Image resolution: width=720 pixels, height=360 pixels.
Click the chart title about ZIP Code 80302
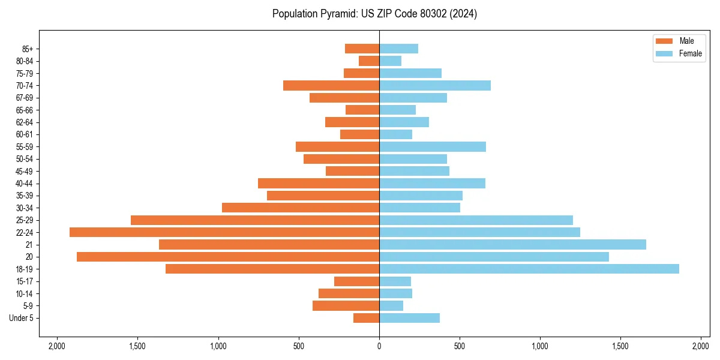point(374,14)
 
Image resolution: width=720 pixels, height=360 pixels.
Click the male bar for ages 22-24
point(224,232)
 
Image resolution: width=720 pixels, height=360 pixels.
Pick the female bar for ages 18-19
point(529,269)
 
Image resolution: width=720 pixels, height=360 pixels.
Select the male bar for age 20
point(228,257)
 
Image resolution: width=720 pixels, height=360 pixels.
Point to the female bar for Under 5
point(409,318)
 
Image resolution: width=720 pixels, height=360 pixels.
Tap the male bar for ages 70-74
point(331,85)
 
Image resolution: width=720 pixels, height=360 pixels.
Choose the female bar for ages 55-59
point(432,146)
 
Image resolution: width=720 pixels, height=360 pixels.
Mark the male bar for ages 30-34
point(301,208)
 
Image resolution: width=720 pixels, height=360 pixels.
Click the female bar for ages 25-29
point(476,220)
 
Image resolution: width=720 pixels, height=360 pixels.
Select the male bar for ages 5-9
point(346,305)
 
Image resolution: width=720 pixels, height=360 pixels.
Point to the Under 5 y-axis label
point(22,318)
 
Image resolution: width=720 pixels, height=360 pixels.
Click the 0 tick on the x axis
point(379,346)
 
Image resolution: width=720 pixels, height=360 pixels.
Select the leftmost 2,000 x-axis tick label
point(57,346)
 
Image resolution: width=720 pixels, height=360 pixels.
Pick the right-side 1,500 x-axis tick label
point(620,346)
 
